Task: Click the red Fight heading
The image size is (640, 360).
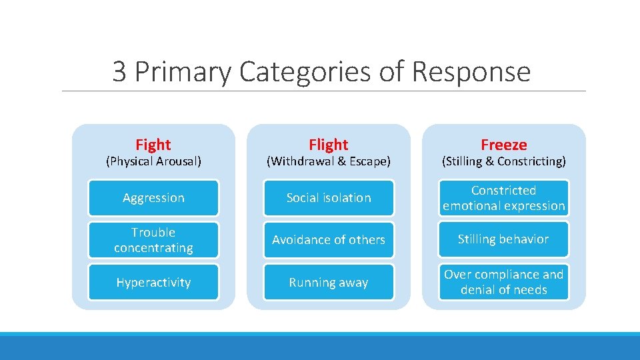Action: [x=153, y=145]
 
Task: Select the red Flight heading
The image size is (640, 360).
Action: [x=328, y=145]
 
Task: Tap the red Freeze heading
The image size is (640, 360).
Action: [x=503, y=145]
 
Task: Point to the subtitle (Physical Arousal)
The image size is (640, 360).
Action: [x=153, y=161]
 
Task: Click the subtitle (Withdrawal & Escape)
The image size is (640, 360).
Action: [x=328, y=161]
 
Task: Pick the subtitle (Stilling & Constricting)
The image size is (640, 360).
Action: [x=503, y=161]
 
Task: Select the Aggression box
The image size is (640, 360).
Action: [x=153, y=198]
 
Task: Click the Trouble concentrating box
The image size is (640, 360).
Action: [x=153, y=240]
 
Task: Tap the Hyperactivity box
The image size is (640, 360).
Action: [x=153, y=283]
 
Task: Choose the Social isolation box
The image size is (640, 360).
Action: [x=329, y=198]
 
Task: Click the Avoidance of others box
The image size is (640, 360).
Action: [x=329, y=240]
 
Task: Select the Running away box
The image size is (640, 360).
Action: [x=329, y=283]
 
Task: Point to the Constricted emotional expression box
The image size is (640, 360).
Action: [x=503, y=198]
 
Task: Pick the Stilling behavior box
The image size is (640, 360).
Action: [x=503, y=239]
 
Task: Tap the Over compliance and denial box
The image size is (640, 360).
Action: [x=503, y=283]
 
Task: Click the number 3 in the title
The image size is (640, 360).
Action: [x=119, y=72]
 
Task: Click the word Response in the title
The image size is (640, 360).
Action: [x=471, y=72]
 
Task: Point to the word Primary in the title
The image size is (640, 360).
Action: [x=183, y=72]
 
